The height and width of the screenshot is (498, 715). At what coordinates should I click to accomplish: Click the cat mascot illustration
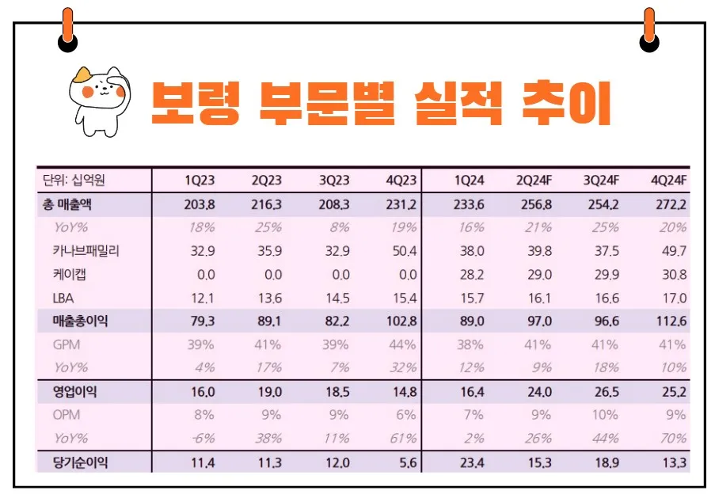pyautogui.click(x=96, y=100)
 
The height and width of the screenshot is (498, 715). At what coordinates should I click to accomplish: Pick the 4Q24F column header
pyautogui.click(x=668, y=181)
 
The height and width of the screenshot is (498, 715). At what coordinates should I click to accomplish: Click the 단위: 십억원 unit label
pyautogui.click(x=73, y=181)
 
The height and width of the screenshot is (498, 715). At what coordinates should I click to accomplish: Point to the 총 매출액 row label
pyautogui.click(x=67, y=204)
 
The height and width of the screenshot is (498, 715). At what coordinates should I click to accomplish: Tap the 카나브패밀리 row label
pyautogui.click(x=87, y=251)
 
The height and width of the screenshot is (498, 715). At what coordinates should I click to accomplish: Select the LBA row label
pyautogui.click(x=63, y=298)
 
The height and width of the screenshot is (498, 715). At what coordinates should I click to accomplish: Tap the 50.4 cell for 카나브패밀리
pyautogui.click(x=401, y=251)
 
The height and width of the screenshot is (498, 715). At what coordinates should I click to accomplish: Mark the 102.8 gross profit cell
pyautogui.click(x=399, y=321)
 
